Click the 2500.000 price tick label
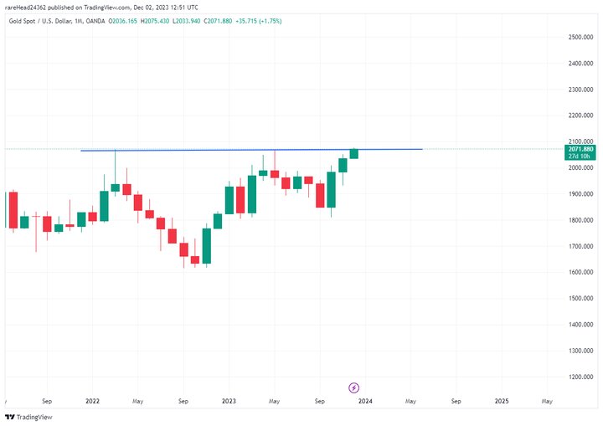pyautogui.click(x=580, y=37)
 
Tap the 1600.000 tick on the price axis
pyautogui.click(x=580, y=272)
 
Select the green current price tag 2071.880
pyautogui.click(x=580, y=149)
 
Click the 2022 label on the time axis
pyautogui.click(x=92, y=401)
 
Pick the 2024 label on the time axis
pyautogui.click(x=365, y=401)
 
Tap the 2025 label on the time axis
pyautogui.click(x=501, y=401)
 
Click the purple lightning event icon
pyautogui.click(x=354, y=388)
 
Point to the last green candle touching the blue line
pyautogui.click(x=354, y=153)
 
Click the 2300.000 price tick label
pyautogui.click(x=580, y=90)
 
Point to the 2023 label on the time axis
pyautogui.click(x=229, y=401)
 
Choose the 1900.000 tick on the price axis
pyautogui.click(x=580, y=193)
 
